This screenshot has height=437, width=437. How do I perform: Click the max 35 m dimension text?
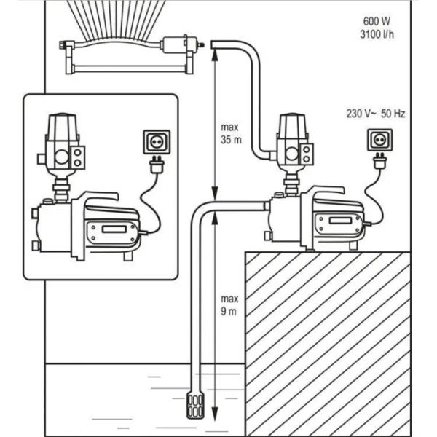click(x=230, y=133)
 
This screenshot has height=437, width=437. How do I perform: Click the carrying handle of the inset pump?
click(x=102, y=197)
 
